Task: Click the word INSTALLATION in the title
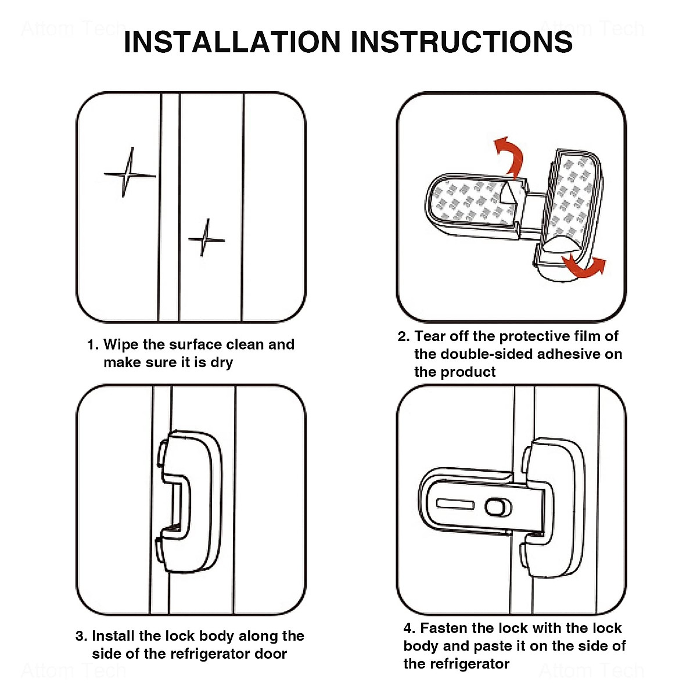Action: [x=232, y=42]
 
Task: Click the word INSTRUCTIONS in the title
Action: [x=462, y=42]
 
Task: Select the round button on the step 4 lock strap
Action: [x=498, y=507]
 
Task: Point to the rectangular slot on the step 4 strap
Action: [x=455, y=504]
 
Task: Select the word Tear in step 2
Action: [x=430, y=336]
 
